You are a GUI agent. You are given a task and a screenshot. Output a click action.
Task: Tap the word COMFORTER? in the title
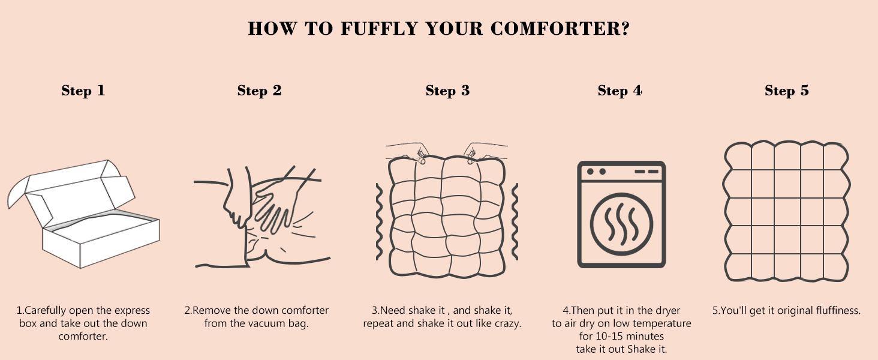pos(560,29)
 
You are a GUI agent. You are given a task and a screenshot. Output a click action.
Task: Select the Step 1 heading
pos(83,91)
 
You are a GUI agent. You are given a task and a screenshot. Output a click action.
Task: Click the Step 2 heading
pos(259,91)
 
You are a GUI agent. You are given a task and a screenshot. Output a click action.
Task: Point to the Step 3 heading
pos(447,91)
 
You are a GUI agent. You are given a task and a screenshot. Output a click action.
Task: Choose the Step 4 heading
pos(620,91)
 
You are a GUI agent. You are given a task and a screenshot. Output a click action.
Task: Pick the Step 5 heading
pos(787,91)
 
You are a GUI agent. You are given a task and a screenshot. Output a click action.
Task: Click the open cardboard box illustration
pos(83,214)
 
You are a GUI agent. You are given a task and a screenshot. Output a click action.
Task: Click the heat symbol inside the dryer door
pos(621,224)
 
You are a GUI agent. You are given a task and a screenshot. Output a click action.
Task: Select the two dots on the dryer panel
pos(596,172)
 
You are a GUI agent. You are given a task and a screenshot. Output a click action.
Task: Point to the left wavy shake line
pos(379,221)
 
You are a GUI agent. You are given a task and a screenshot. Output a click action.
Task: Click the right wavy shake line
pos(515,221)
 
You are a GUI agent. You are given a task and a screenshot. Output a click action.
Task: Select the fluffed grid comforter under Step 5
pos(787,211)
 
